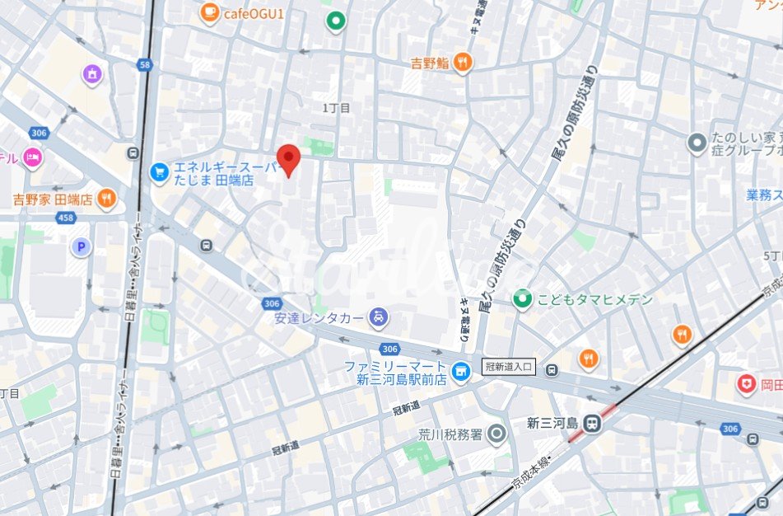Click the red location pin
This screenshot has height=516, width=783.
click(287, 158)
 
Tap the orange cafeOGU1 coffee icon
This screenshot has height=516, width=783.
click(209, 12)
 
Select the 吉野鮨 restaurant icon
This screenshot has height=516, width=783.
click(463, 62)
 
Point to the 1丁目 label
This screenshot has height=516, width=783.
click(336, 108)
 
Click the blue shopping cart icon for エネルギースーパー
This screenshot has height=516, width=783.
click(159, 172)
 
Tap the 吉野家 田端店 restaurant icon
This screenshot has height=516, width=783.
click(106, 199)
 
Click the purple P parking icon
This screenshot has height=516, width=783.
click(80, 246)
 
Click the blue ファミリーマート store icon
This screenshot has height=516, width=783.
click(463, 373)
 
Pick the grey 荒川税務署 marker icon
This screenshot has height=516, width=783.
click(496, 433)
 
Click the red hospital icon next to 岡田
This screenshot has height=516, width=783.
click(746, 383)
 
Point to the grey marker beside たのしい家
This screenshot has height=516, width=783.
click(697, 143)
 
